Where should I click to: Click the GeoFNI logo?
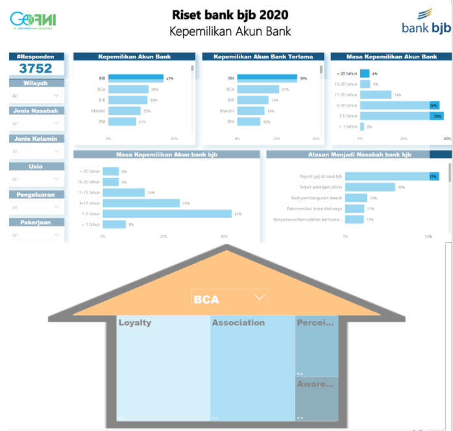pos(33,21)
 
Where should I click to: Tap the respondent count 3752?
pos(36,68)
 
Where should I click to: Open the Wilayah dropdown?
pos(36,95)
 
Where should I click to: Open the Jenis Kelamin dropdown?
pos(36,151)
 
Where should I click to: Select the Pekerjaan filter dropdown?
pos(36,235)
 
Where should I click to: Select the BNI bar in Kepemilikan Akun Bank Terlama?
pos(249,121)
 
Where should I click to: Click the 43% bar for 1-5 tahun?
pos(167,214)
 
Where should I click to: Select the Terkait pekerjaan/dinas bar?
pos(370,187)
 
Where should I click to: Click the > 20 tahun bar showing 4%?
pos(365,73)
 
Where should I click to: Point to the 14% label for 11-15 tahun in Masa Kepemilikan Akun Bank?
pos(398,95)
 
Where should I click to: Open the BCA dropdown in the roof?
pos(259,297)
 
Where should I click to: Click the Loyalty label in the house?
pos(135,323)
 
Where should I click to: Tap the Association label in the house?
pos(238,323)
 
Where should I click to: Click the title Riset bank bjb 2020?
pos(230,14)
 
